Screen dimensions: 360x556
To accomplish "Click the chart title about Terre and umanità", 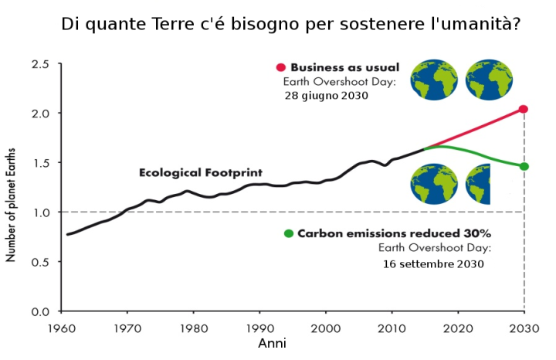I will (x=290, y=25).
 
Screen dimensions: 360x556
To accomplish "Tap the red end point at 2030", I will (x=524, y=109).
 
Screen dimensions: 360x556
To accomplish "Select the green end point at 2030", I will (x=524, y=166).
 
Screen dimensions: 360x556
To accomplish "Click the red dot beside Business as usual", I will (x=281, y=68).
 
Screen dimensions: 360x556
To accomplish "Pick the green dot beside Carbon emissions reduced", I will (x=288, y=233).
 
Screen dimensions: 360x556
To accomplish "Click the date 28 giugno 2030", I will (x=327, y=97).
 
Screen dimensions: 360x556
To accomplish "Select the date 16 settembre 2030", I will (x=433, y=263).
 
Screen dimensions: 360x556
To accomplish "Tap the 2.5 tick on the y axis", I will (x=40, y=63).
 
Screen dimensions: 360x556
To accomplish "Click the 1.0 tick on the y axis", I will (x=40, y=212).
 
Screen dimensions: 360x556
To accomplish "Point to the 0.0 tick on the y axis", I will (x=40, y=311).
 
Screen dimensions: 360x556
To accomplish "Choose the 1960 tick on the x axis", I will (x=61, y=328).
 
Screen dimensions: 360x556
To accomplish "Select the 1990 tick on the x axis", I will (x=259, y=328).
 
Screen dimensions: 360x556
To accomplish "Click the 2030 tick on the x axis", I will (x=524, y=328).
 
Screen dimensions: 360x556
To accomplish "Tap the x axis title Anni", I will (x=272, y=343).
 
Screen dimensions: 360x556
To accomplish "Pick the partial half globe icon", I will (x=479, y=184).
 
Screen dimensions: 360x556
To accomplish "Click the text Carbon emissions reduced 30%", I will (x=395, y=233).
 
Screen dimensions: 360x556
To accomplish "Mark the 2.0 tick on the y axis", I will (x=40, y=113).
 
